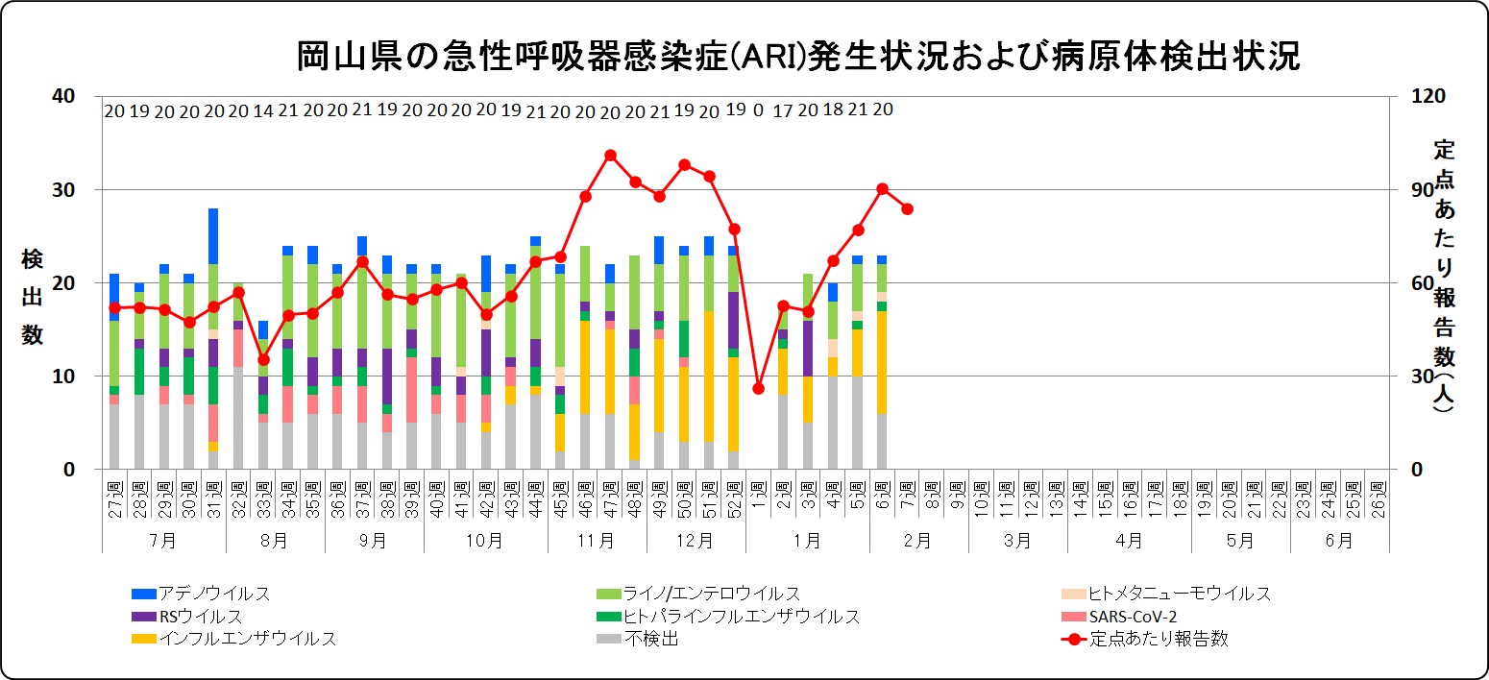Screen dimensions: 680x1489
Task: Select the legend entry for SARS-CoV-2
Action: pos(1134,616)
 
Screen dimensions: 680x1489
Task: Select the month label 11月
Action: pos(597,540)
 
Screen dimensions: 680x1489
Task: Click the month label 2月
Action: pos(918,540)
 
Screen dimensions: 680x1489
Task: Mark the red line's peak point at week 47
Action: pos(610,155)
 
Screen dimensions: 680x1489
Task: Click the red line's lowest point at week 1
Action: pos(759,388)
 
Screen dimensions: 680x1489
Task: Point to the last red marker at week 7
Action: pos(908,208)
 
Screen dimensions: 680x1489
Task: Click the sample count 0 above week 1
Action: pos(759,110)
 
